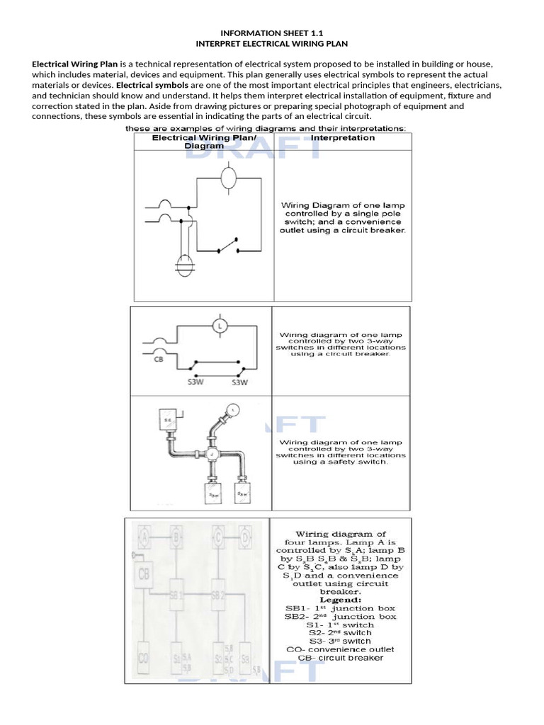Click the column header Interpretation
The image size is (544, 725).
[x=343, y=138]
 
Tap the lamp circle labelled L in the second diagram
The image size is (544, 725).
[x=220, y=326]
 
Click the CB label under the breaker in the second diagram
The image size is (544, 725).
[x=159, y=359]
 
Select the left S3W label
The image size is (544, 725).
[x=196, y=383]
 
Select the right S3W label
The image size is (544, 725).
[x=240, y=383]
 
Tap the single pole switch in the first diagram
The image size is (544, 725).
[x=227, y=249]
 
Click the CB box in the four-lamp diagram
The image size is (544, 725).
[x=144, y=573]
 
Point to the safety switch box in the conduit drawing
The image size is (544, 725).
[x=170, y=419]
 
